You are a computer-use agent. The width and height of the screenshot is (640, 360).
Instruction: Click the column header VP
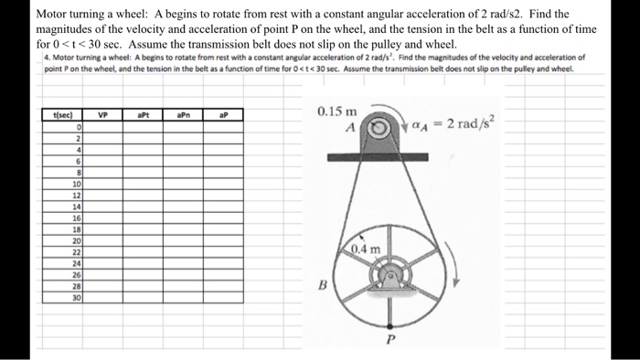[103, 116]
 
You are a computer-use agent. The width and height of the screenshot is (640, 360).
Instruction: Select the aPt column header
[143, 116]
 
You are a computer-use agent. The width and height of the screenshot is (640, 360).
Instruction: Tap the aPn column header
[184, 116]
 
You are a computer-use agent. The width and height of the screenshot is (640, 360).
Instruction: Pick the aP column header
[225, 116]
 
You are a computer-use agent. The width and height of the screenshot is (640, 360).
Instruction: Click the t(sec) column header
[64, 116]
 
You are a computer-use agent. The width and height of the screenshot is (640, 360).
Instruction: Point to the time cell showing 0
[80, 127]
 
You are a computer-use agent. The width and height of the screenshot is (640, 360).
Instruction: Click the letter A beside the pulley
[349, 128]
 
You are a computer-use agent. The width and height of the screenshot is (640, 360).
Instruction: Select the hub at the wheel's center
[394, 275]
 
